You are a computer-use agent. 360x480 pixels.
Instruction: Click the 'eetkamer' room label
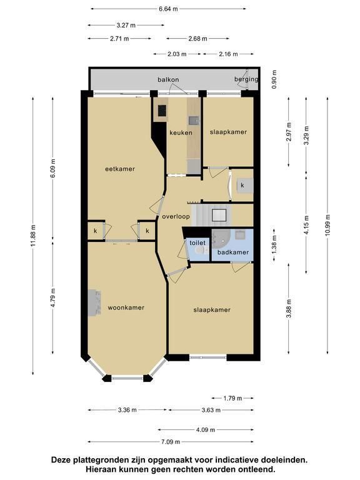tap(120, 169)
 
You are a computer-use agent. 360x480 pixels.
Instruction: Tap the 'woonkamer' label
tap(126, 307)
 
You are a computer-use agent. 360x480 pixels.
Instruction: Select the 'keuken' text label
tap(181, 132)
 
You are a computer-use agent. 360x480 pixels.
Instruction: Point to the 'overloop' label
tap(176, 217)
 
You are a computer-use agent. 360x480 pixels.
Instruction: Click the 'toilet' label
tap(197, 242)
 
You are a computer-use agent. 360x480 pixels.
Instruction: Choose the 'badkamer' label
tap(233, 252)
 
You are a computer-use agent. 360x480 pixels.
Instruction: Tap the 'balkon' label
tap(168, 79)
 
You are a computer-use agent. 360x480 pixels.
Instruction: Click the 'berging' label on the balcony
tap(246, 79)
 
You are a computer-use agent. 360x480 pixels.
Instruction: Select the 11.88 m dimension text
tap(33, 236)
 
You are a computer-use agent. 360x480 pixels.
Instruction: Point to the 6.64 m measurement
tap(168, 9)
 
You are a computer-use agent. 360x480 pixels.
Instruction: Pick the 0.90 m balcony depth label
tap(274, 79)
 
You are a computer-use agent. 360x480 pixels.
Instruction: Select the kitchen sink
tap(194, 121)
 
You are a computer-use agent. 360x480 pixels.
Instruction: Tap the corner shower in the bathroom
tap(219, 239)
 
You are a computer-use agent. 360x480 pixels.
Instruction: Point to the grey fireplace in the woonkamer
tap(94, 302)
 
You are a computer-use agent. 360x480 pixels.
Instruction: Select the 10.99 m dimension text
tap(327, 225)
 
